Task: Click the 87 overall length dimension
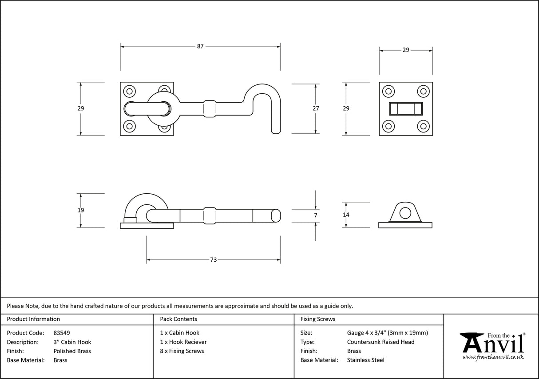click(x=200, y=46)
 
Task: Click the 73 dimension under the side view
click(x=213, y=259)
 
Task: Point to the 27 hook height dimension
click(x=316, y=108)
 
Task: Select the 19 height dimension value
click(x=80, y=210)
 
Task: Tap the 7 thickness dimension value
click(x=316, y=215)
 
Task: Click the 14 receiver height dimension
click(x=346, y=215)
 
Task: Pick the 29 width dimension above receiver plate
click(x=406, y=50)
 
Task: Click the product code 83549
click(x=61, y=333)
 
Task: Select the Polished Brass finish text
click(x=72, y=351)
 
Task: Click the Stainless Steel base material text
click(x=365, y=360)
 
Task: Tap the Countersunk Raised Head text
click(x=380, y=342)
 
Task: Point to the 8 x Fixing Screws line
click(x=182, y=351)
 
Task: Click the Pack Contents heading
click(x=178, y=319)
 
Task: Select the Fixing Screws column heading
click(x=318, y=319)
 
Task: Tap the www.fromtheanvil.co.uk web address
click(x=493, y=357)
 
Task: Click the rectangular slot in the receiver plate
click(x=406, y=108)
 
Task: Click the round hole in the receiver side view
click(x=405, y=213)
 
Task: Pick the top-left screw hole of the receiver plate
click(x=388, y=92)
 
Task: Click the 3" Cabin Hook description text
click(x=72, y=342)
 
